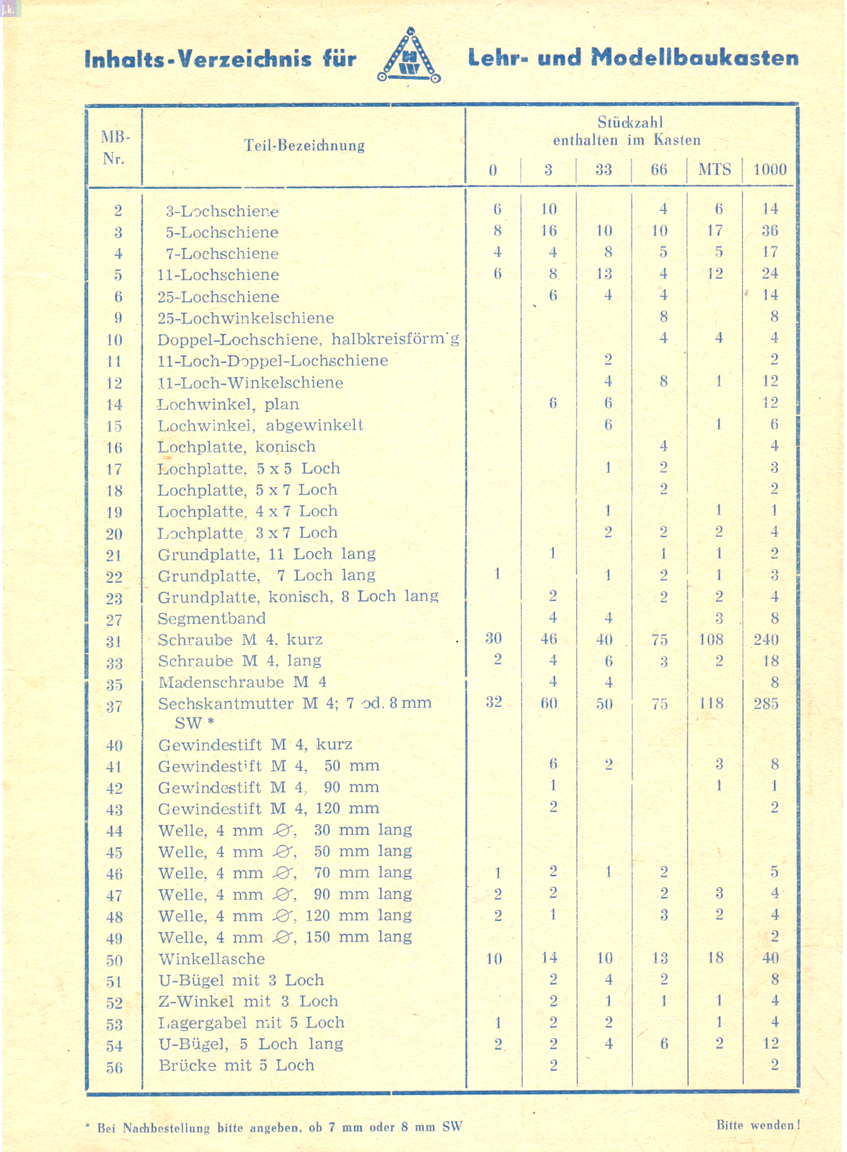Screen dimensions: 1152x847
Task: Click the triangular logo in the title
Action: [x=409, y=56]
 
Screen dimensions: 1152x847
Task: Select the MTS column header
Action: [x=714, y=169]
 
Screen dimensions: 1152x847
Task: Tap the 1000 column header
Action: [x=769, y=169]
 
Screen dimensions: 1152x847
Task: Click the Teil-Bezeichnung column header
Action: [x=304, y=146]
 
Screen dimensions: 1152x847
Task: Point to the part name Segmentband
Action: [x=211, y=619]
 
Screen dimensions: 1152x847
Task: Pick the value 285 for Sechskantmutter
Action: [x=766, y=703]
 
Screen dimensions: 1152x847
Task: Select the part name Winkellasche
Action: [x=211, y=959]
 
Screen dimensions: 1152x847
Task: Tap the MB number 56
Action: [x=114, y=1068]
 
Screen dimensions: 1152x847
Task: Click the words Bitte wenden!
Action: [x=758, y=1126]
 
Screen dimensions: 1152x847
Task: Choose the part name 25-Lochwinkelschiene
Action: [x=246, y=318]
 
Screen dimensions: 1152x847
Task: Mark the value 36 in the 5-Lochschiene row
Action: [x=769, y=231]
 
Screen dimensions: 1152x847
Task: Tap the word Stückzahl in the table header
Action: [x=630, y=122]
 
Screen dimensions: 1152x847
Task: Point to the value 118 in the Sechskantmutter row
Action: [x=711, y=703]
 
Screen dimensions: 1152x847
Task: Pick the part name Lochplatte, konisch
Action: [x=236, y=447]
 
